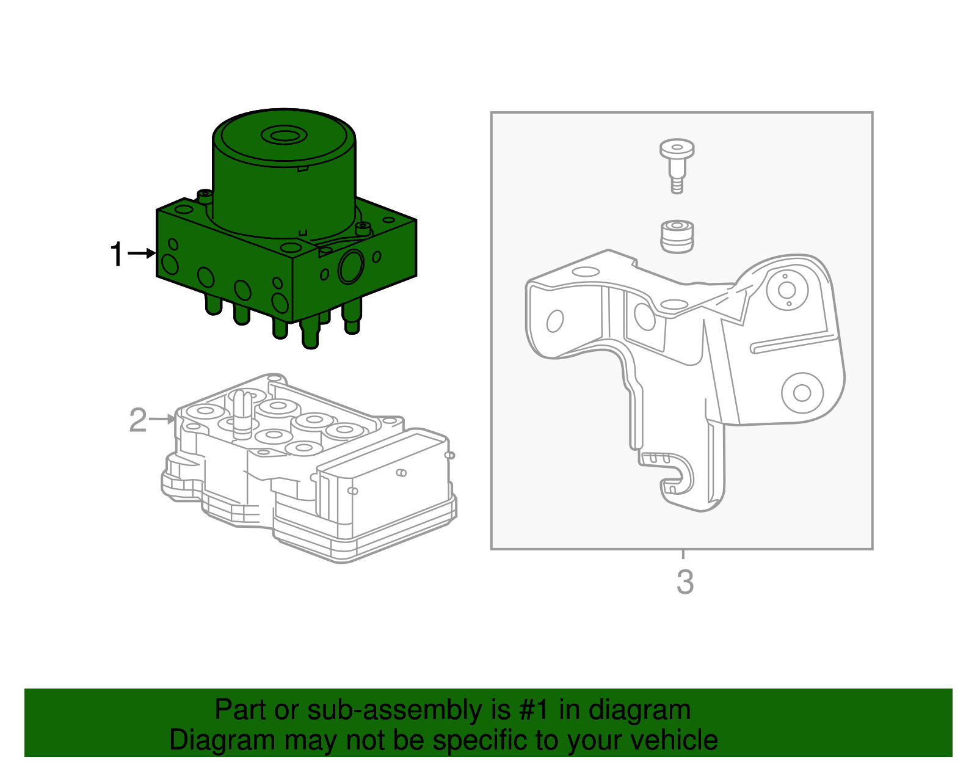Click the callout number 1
[117, 254]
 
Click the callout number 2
[138, 421]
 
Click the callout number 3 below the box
[685, 582]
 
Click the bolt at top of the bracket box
[677, 164]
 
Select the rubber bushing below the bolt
[677, 236]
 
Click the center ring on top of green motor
[284, 135]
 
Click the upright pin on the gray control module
[242, 414]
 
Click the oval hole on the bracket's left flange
[554, 321]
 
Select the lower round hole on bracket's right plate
[802, 393]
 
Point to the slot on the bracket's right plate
[792, 343]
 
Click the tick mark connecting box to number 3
[683, 555]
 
